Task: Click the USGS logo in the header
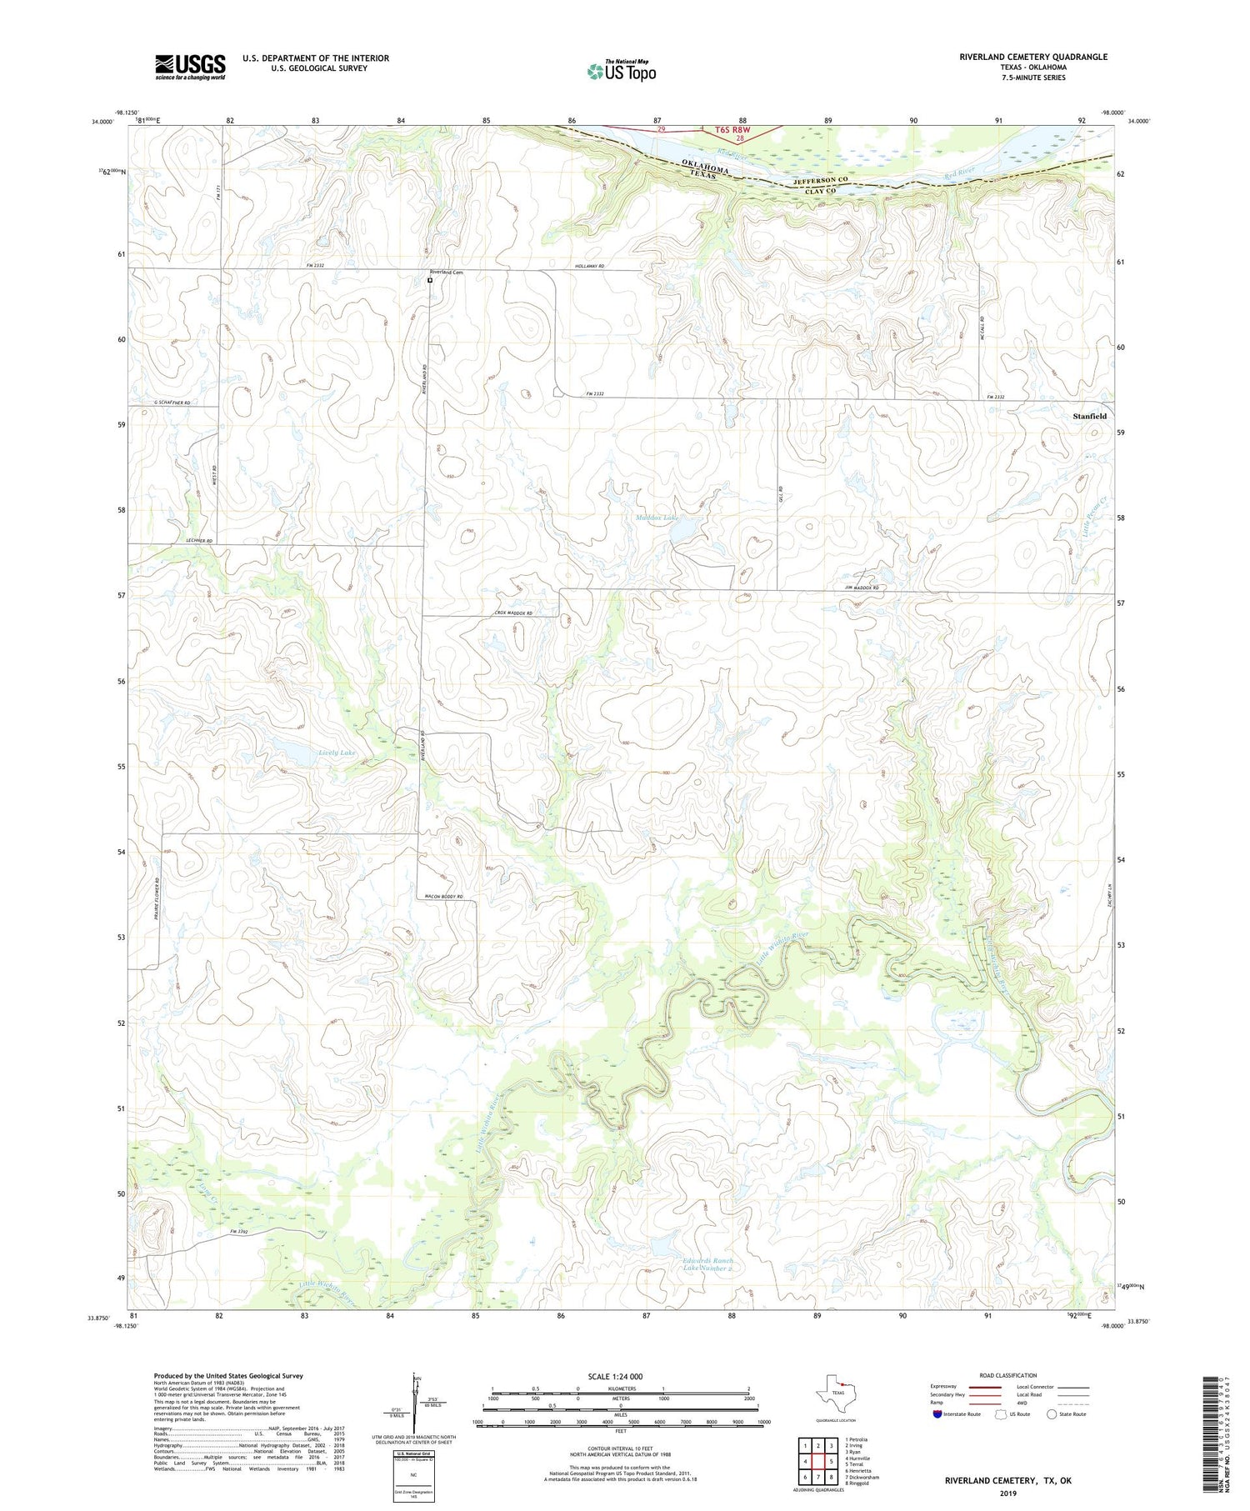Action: pyautogui.click(x=190, y=67)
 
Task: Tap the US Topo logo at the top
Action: pyautogui.click(x=622, y=71)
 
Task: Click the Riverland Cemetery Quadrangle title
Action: pyautogui.click(x=1033, y=57)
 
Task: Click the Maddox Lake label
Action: pyautogui.click(x=657, y=518)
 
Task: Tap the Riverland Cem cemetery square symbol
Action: pyautogui.click(x=430, y=281)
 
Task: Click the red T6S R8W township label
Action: pyautogui.click(x=732, y=130)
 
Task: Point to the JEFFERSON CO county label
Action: pyautogui.click(x=820, y=180)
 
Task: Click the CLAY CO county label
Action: pyautogui.click(x=820, y=192)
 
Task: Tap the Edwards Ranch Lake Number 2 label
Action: pyautogui.click(x=707, y=1264)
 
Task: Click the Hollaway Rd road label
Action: pyautogui.click(x=589, y=267)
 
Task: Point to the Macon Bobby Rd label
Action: pyautogui.click(x=442, y=896)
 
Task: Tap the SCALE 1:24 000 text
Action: pyautogui.click(x=620, y=1376)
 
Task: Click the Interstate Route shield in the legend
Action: pyautogui.click(x=937, y=1413)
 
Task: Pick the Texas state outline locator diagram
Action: pyautogui.click(x=836, y=1393)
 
